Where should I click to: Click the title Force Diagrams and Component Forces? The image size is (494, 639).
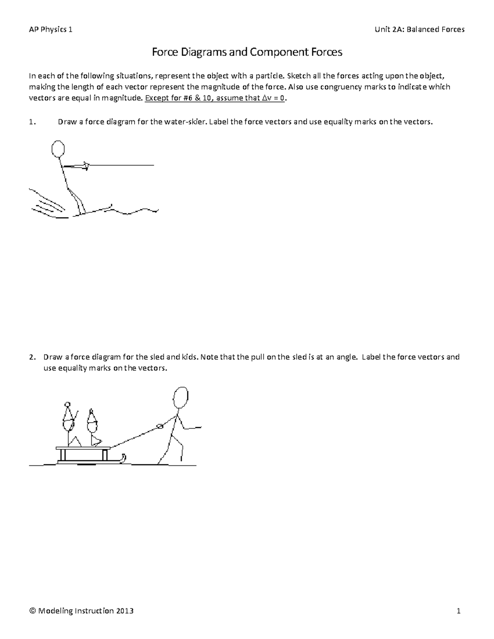click(247, 52)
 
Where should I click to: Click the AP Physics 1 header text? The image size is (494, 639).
click(50, 29)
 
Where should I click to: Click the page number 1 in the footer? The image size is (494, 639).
click(458, 611)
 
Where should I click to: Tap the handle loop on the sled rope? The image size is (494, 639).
click(159, 427)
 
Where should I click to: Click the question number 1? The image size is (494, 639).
click(32, 122)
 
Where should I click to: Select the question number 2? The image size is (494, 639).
click(32, 357)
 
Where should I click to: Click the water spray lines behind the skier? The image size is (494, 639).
click(47, 204)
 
